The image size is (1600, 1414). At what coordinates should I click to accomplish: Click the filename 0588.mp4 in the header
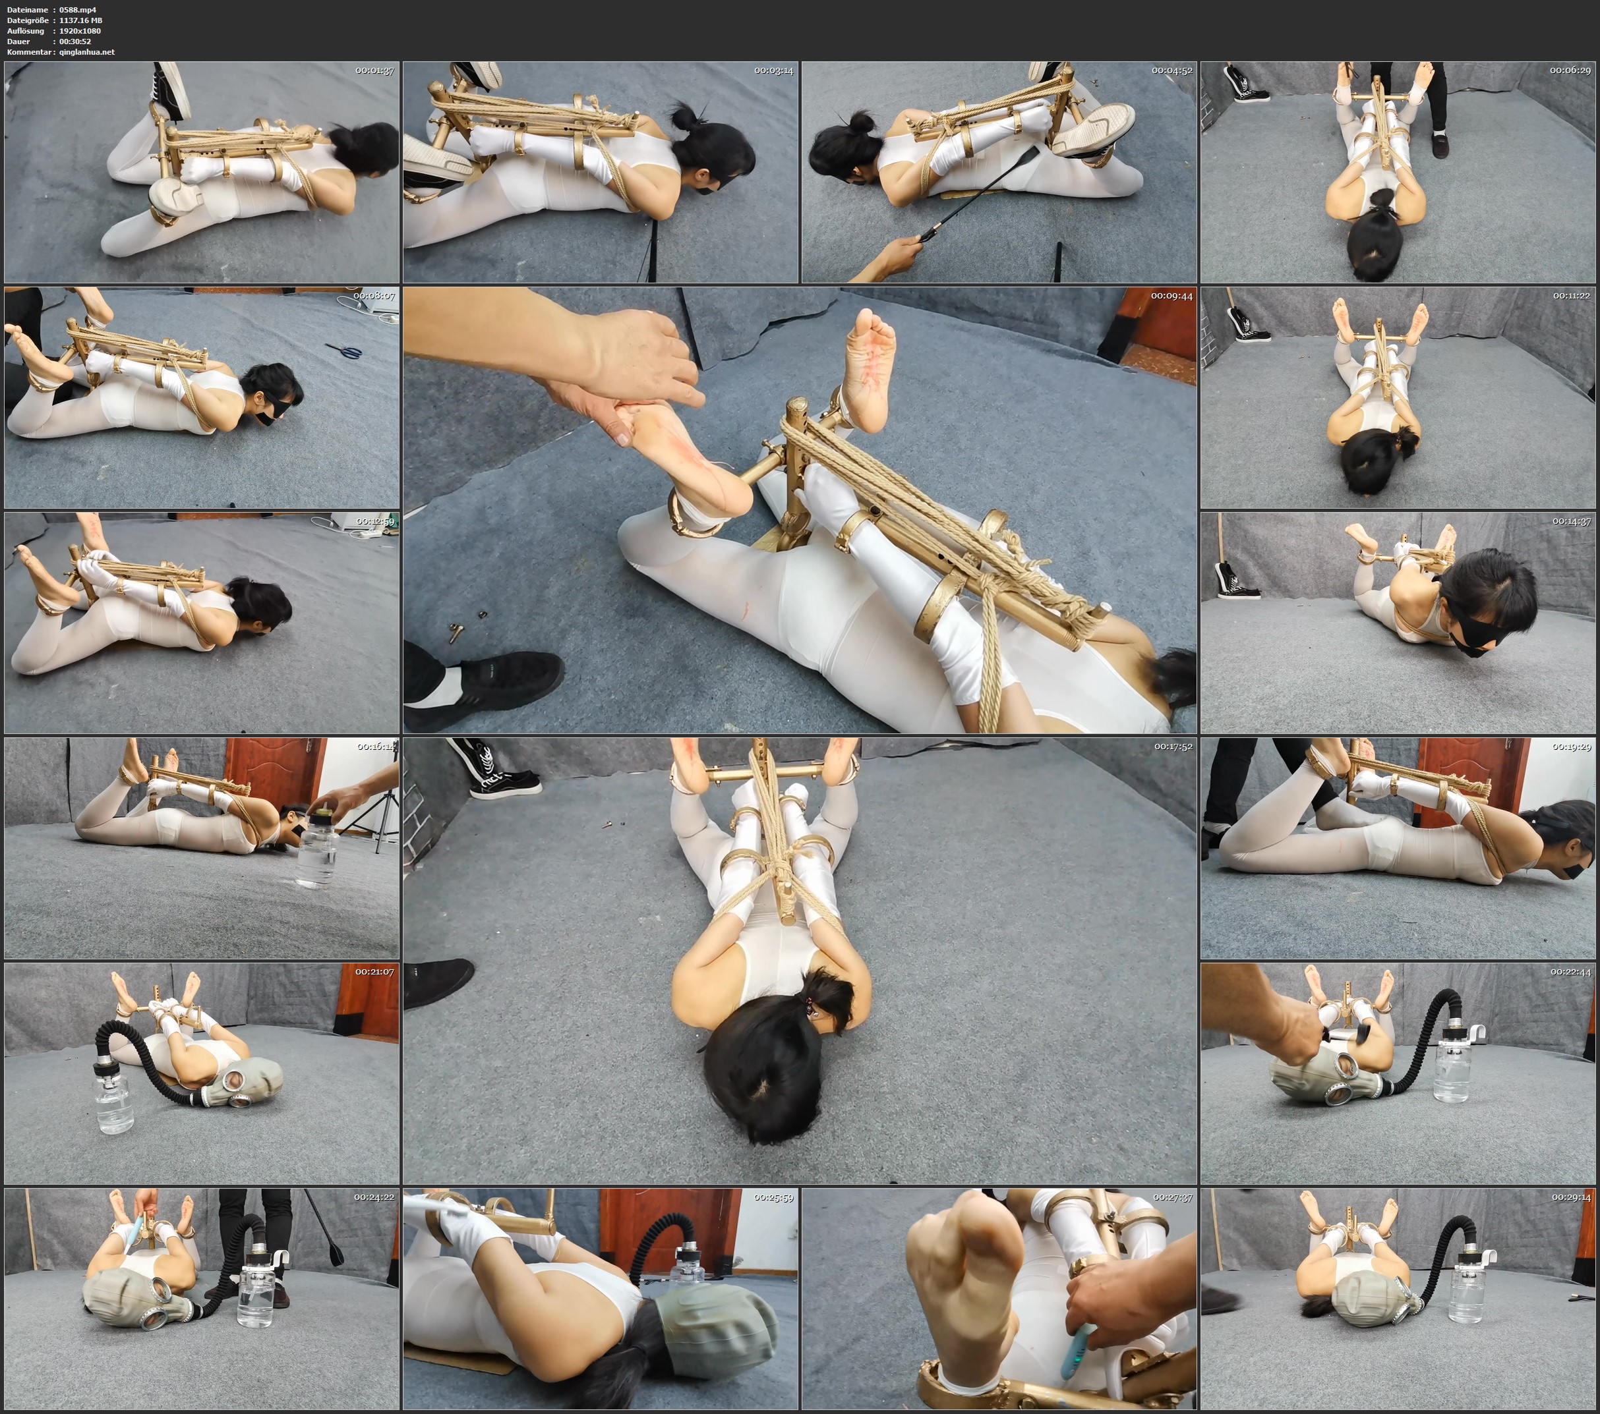(x=78, y=9)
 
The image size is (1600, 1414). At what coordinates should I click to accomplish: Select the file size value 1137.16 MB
(x=80, y=20)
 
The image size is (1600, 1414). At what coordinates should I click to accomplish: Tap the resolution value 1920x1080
(x=80, y=30)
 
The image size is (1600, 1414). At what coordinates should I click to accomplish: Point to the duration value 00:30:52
(x=75, y=42)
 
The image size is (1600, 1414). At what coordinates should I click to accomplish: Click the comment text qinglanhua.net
(x=87, y=51)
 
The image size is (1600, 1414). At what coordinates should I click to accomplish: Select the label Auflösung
(x=26, y=30)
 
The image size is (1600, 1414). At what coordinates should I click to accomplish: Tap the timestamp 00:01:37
(x=374, y=71)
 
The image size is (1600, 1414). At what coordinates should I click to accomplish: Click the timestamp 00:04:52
(x=1172, y=71)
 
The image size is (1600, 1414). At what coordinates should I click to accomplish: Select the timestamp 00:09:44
(x=1172, y=296)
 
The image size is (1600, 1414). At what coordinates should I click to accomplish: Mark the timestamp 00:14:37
(x=1572, y=521)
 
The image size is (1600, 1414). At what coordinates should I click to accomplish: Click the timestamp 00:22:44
(x=1570, y=971)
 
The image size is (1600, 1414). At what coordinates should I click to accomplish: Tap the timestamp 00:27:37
(x=1173, y=1197)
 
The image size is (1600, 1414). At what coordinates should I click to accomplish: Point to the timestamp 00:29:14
(x=1571, y=1197)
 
